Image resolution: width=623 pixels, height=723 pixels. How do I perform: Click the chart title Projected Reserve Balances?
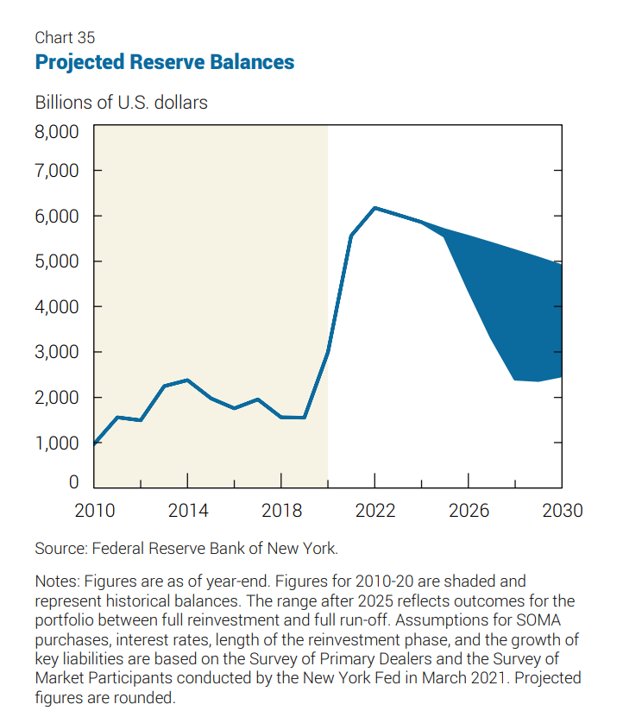click(164, 63)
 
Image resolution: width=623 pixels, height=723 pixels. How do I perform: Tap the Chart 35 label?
click(65, 37)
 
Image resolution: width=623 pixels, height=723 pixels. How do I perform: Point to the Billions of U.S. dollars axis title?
click(121, 103)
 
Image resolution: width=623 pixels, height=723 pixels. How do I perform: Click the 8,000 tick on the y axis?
click(57, 132)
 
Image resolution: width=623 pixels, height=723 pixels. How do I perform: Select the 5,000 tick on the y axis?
click(57, 261)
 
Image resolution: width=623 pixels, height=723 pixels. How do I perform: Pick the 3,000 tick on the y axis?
click(57, 352)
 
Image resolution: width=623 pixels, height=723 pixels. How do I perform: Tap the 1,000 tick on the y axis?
click(57, 443)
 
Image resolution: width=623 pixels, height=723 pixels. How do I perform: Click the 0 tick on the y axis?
click(74, 482)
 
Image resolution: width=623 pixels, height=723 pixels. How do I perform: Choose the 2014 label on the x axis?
click(188, 511)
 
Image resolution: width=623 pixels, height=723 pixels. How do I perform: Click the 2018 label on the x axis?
click(281, 511)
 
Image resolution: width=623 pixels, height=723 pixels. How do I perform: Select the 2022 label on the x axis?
click(374, 511)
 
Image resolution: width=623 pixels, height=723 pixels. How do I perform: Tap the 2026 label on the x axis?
click(469, 511)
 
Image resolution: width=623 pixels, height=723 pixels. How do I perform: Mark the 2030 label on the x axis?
click(562, 511)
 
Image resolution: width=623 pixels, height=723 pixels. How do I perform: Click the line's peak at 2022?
click(374, 208)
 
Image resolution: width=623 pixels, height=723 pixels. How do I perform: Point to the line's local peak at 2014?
click(188, 380)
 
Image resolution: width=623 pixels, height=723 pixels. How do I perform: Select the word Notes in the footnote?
click(54, 582)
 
